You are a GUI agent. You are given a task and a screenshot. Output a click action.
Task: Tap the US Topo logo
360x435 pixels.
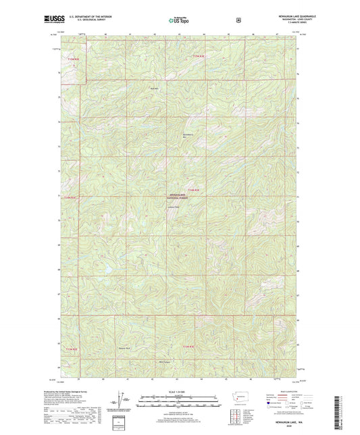(180, 20)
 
